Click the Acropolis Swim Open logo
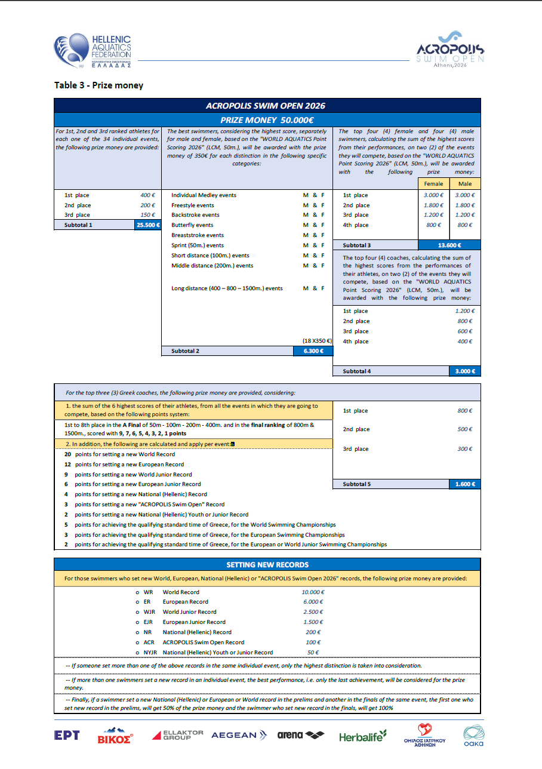(451, 51)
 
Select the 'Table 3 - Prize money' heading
(98, 85)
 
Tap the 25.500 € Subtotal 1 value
(148, 225)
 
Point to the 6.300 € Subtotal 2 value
(313, 351)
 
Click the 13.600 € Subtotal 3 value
(449, 245)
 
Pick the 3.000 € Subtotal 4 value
(465, 371)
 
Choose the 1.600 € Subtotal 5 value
(465, 484)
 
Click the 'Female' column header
(433, 184)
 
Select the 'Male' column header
(465, 184)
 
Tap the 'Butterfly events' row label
(192, 225)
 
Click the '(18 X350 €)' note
(317, 341)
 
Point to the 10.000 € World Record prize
(313, 592)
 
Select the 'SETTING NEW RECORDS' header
(267, 565)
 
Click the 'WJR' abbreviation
(149, 612)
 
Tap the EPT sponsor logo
(67, 736)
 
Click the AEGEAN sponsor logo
(239, 735)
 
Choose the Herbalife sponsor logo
(363, 737)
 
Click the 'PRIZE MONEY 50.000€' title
(267, 119)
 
